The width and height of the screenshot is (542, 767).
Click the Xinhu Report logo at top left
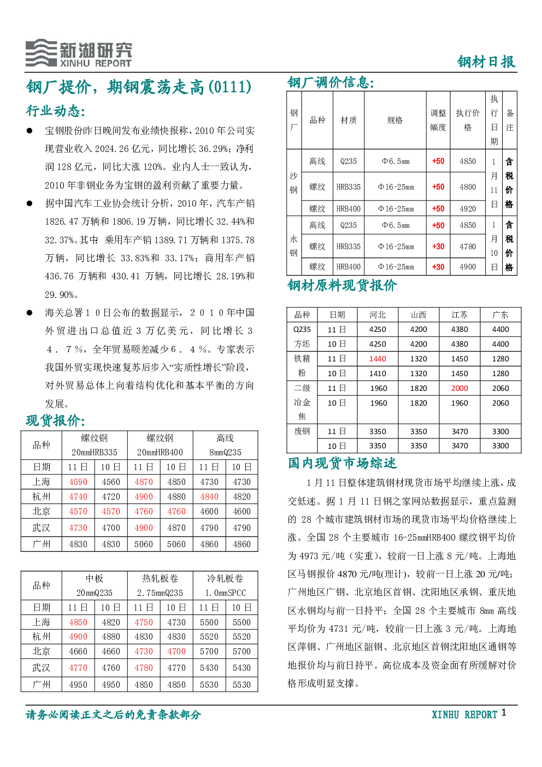click(78, 53)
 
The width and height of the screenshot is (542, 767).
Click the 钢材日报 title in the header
click(486, 62)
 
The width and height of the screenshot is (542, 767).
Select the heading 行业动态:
click(55, 110)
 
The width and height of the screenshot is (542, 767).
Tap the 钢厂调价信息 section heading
click(331, 82)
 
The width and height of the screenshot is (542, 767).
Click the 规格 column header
click(395, 120)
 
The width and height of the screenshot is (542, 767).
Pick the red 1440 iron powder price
click(378, 359)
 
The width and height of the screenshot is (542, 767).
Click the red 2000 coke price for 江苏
click(459, 388)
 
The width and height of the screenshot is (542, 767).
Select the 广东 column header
click(500, 315)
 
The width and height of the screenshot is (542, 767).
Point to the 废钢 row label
click(302, 431)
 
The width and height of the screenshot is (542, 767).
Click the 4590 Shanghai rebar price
click(78, 482)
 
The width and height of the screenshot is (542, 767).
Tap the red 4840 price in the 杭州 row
click(209, 497)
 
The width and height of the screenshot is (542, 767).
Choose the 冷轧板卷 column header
click(225, 579)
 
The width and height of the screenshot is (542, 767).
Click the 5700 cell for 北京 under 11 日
click(209, 652)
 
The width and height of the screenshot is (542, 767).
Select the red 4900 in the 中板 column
click(78, 637)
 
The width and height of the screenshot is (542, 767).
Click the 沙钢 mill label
click(293, 183)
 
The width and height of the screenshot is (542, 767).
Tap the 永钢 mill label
click(293, 246)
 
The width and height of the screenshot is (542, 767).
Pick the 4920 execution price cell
click(467, 209)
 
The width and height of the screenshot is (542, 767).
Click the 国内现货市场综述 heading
click(342, 463)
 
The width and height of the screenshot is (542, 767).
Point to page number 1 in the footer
click(503, 712)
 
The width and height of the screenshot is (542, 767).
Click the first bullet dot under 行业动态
click(30, 131)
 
